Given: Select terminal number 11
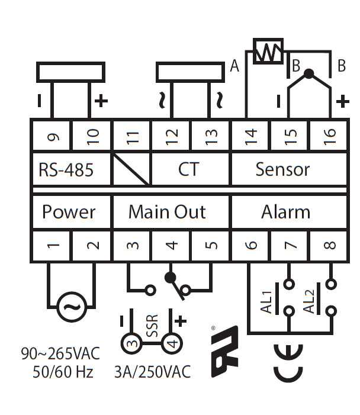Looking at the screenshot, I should click(132, 138).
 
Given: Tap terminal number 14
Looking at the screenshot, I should click(250, 138).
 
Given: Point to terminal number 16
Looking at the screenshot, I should click(330, 138).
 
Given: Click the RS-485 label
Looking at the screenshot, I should click(66, 170).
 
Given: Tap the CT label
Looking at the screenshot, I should click(189, 169).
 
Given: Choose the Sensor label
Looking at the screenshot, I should click(282, 169).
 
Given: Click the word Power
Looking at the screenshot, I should click(69, 212).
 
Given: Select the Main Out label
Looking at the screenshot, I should click(168, 212).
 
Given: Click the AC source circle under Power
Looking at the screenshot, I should click(72, 306).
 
